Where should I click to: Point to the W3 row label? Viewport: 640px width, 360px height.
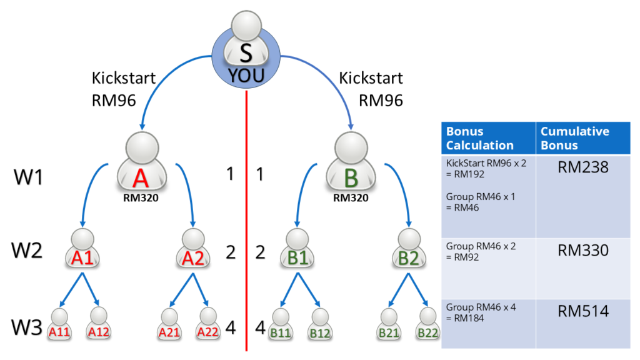pos(29,326)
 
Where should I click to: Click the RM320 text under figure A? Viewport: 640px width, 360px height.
pos(141,201)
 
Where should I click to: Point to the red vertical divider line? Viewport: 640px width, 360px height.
pos(247,219)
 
